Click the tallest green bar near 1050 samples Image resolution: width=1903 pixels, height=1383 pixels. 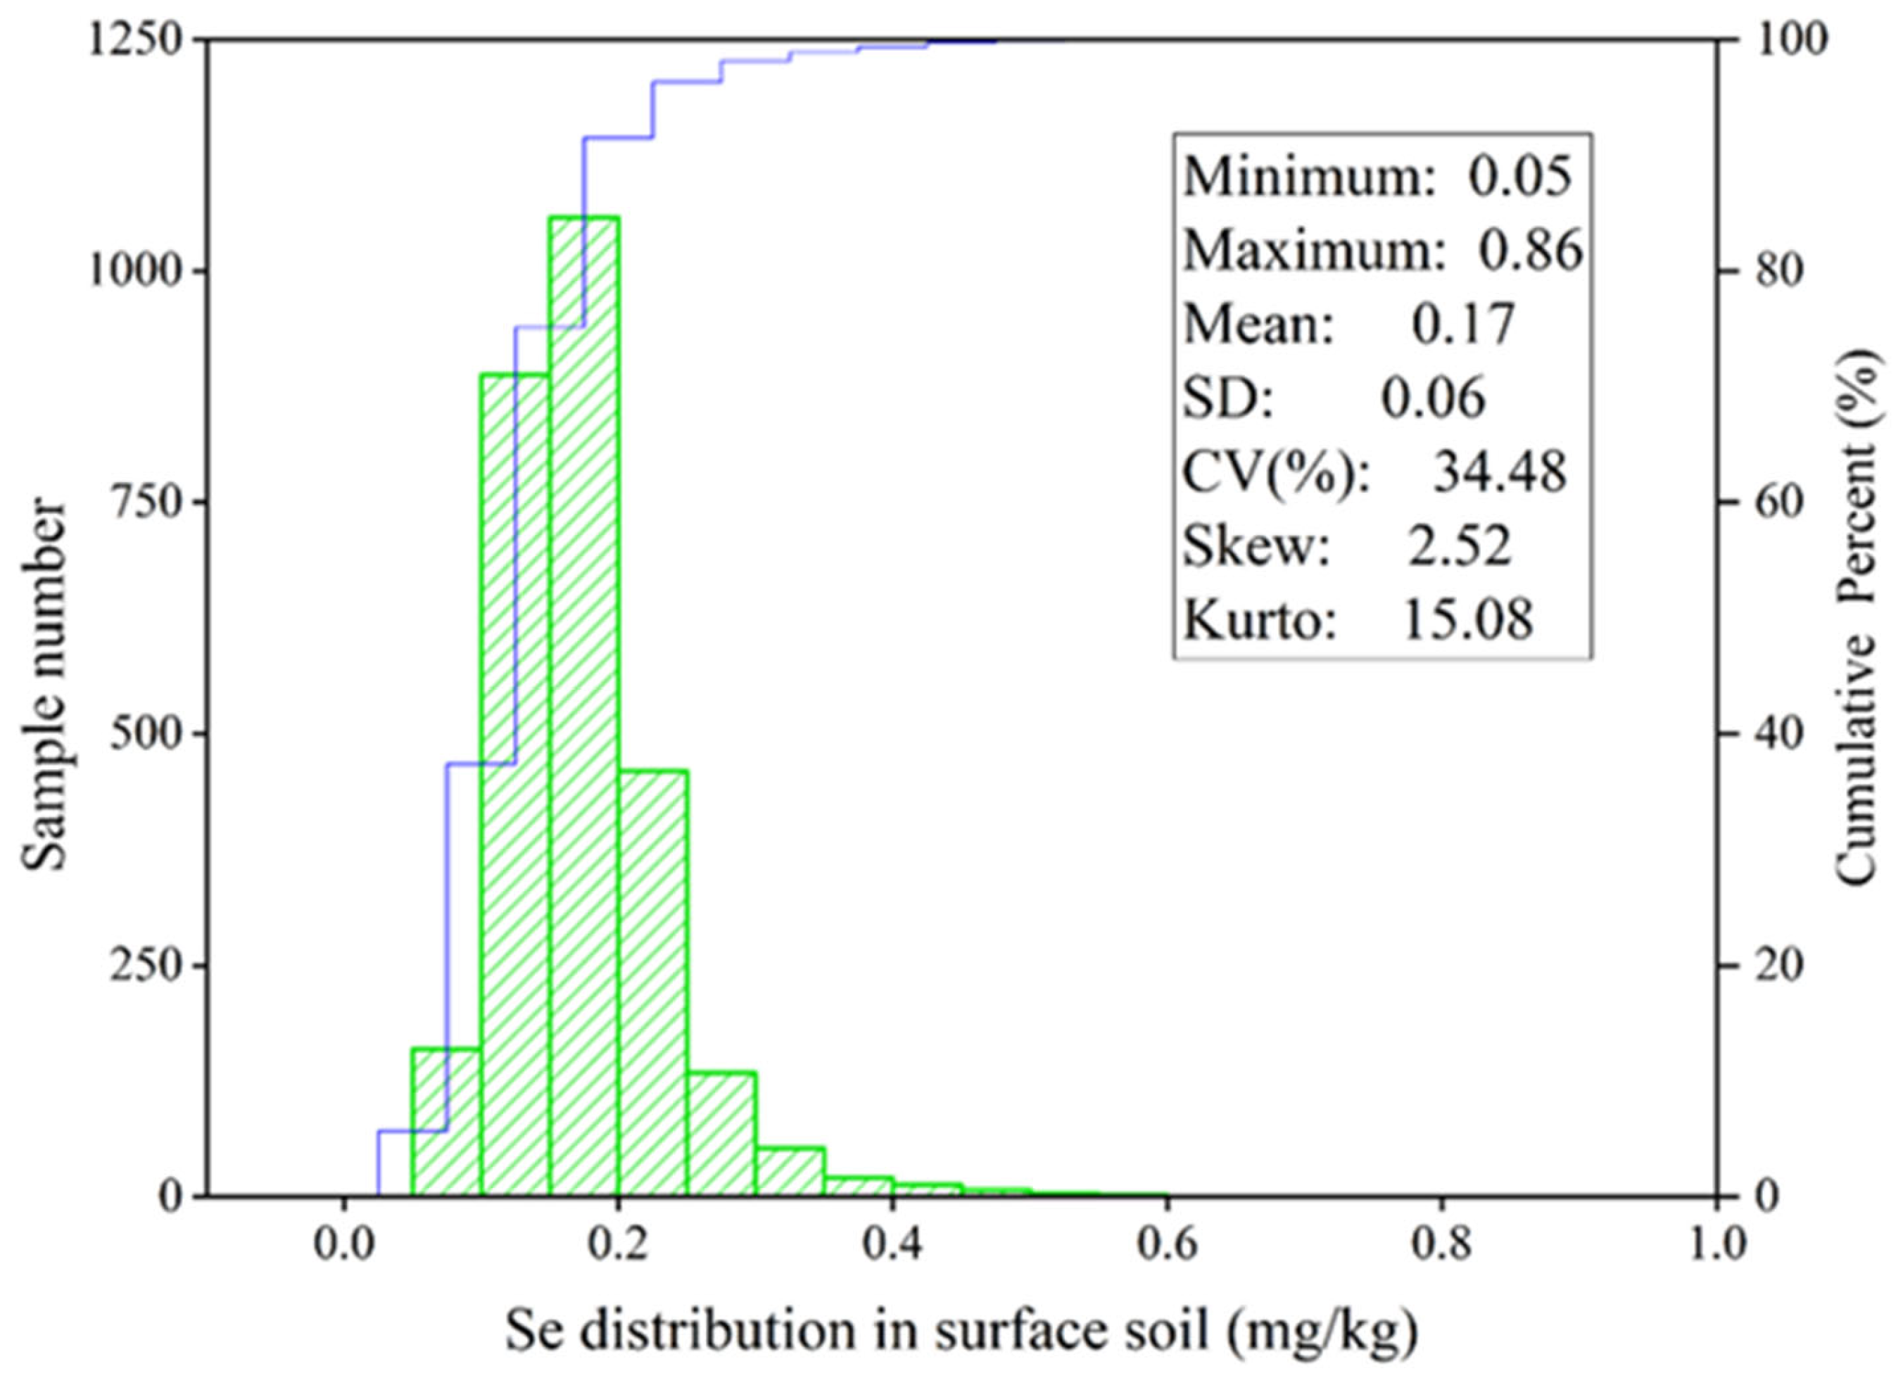click(x=585, y=705)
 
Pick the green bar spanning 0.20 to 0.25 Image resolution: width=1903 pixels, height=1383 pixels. click(x=654, y=982)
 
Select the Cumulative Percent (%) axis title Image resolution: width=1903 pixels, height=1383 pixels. click(x=1856, y=617)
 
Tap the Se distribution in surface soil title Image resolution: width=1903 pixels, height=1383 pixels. click(x=961, y=1332)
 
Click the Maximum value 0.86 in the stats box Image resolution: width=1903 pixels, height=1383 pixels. click(x=1529, y=250)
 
